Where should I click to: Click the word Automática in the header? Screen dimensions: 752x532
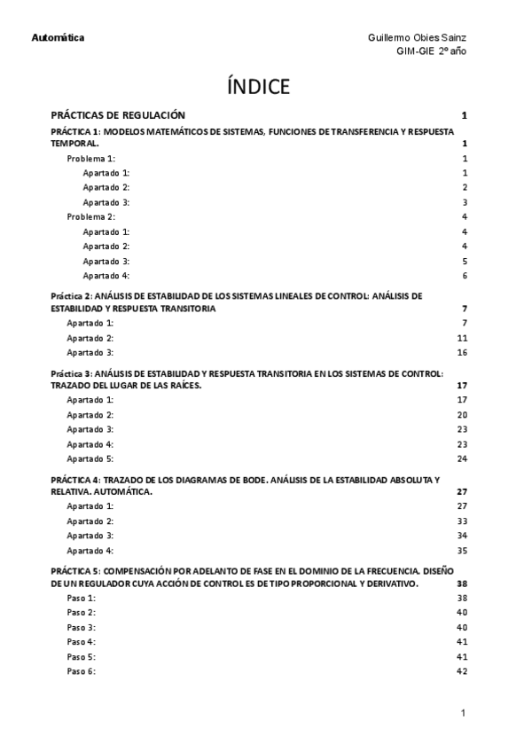58,37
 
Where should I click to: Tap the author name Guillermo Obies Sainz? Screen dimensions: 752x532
418,37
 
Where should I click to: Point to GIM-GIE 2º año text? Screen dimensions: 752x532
431,51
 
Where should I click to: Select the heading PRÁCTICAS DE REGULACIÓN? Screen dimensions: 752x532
118,115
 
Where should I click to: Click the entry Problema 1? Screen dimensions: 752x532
92,158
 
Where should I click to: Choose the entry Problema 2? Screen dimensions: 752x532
92,216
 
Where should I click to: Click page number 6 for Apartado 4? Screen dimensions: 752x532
465,276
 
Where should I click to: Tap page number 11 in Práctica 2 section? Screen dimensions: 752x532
462,339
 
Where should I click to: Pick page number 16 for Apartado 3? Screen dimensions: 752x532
462,353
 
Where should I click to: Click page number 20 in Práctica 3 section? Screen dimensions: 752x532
462,415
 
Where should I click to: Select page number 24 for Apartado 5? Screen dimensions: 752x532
462,458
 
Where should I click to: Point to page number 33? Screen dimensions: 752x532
462,521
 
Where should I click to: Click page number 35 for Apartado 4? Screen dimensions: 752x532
462,551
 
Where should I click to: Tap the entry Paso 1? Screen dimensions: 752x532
82,599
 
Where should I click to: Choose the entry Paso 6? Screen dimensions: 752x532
82,671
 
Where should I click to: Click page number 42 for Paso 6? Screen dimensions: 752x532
462,671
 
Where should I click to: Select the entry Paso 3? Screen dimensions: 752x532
82,628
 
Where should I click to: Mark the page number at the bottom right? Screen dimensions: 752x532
463,713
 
